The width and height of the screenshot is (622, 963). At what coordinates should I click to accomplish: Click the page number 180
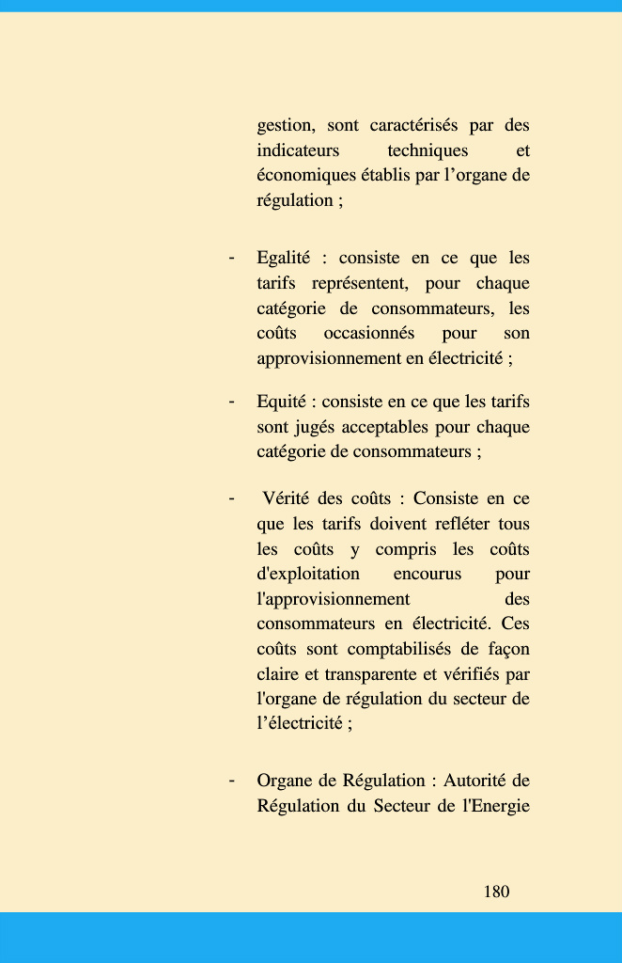click(496, 892)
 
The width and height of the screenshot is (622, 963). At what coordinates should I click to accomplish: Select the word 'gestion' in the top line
click(286, 126)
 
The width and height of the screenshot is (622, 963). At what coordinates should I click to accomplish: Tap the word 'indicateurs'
click(298, 150)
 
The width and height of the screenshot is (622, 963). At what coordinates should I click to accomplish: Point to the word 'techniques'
click(428, 150)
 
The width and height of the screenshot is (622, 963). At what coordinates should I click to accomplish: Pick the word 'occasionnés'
click(368, 333)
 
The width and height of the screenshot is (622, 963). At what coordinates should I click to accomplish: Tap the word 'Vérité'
click(287, 498)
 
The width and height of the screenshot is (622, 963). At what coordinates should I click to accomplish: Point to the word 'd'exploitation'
click(308, 574)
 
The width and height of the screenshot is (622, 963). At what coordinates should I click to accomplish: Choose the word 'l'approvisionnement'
click(334, 599)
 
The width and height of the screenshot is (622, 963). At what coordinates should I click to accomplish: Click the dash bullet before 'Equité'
click(231, 402)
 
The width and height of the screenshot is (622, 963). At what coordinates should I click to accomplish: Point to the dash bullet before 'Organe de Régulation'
click(231, 781)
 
